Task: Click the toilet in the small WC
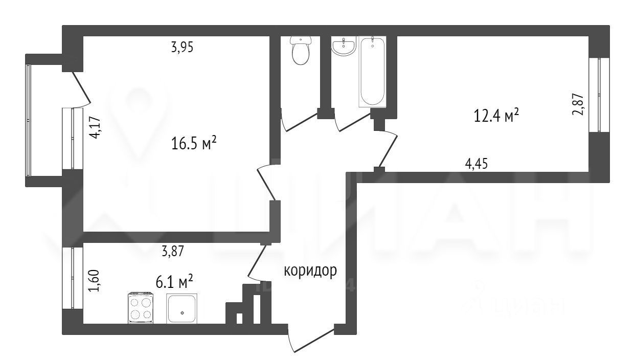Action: tap(301, 51)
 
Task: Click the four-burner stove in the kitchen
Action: tap(141, 308)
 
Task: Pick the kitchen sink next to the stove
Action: tap(182, 308)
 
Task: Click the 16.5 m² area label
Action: tap(194, 144)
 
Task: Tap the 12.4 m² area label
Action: tap(496, 116)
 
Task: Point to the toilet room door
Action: tap(299, 121)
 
